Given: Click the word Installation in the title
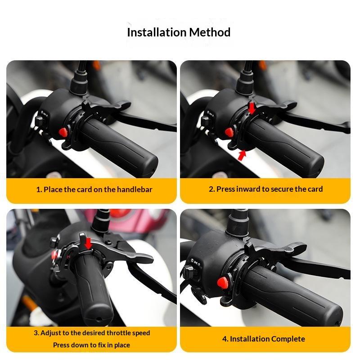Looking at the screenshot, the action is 157,32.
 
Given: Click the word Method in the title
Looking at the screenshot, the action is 210,32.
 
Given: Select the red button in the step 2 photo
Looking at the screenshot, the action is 229,132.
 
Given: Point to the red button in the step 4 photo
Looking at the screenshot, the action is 223,282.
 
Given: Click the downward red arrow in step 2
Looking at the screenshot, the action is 252,108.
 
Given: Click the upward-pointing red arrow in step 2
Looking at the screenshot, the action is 242,155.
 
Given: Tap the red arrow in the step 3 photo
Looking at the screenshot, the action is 88,243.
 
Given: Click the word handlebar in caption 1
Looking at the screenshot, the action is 135,189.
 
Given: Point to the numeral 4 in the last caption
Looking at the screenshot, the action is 225,339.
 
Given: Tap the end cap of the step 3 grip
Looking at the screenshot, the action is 99,318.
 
